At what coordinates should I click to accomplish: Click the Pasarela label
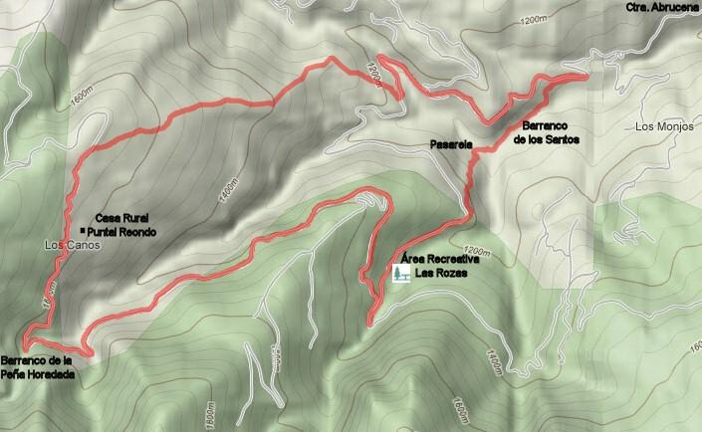(x=450, y=145)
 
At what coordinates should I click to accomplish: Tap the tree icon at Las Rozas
(x=403, y=271)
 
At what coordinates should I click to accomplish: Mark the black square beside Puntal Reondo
(x=83, y=230)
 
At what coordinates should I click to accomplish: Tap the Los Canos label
(x=67, y=244)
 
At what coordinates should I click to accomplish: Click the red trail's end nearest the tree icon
(x=369, y=323)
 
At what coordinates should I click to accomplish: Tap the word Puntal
(x=104, y=230)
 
